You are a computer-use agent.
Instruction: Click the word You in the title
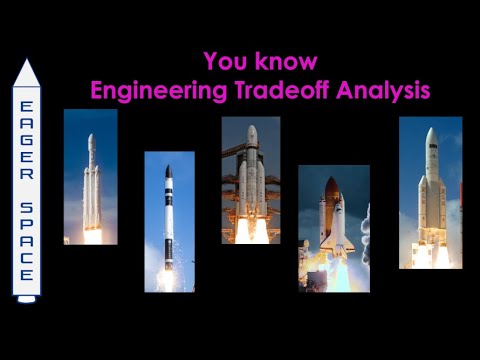click(222, 61)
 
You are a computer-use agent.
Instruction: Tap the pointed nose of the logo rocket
click(27, 67)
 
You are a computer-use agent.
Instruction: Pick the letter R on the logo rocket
click(27, 173)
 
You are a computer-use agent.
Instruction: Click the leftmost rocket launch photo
click(90, 177)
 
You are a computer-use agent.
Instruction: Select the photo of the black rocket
click(169, 221)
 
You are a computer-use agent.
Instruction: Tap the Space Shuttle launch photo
click(333, 228)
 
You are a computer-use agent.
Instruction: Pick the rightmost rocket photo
click(430, 192)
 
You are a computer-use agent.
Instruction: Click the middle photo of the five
click(250, 180)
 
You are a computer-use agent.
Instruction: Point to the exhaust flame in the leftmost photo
click(93, 234)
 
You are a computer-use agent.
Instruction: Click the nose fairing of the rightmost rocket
click(431, 145)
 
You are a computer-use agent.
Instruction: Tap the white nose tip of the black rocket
click(169, 170)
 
